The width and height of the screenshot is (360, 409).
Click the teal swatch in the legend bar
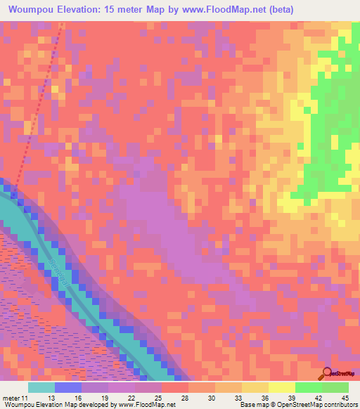pos(41,387)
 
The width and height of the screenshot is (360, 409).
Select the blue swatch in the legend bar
pos(68,387)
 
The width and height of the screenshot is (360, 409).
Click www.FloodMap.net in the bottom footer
pos(146,405)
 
